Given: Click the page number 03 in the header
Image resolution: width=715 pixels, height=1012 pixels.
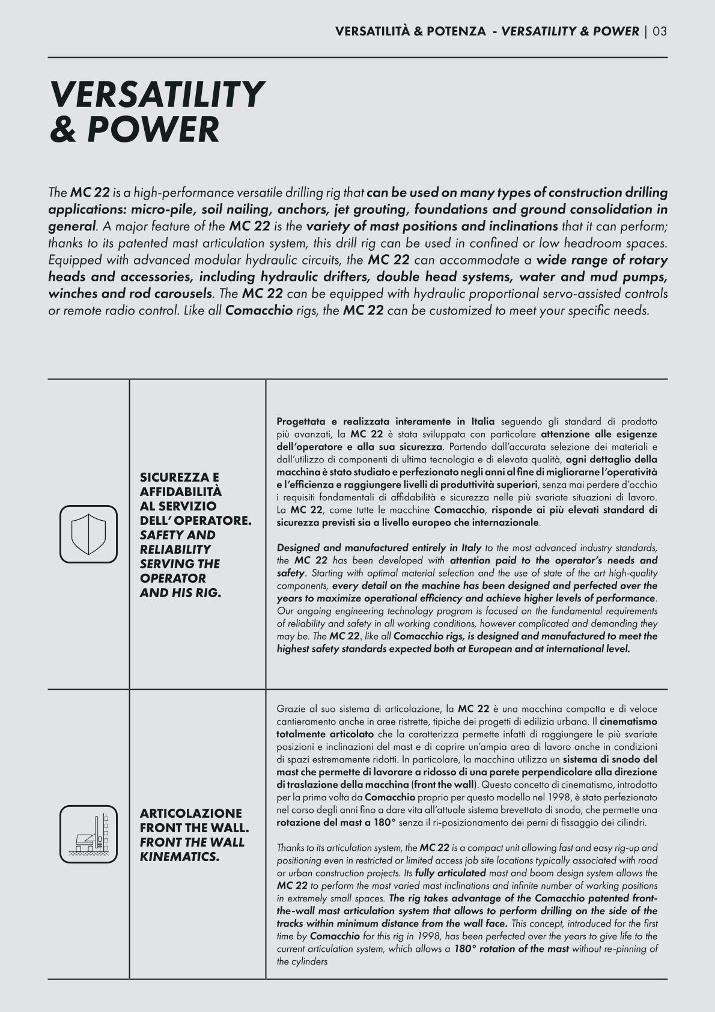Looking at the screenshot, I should pyautogui.click(x=659, y=31).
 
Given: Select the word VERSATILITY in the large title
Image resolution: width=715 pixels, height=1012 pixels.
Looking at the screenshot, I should pyautogui.click(x=157, y=95).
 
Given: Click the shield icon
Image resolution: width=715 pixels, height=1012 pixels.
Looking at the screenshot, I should pyautogui.click(x=88, y=534).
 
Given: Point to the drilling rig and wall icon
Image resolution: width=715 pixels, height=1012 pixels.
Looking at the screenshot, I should pyautogui.click(x=88, y=834).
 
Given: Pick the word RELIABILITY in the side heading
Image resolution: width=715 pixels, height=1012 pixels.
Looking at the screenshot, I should pyautogui.click(x=175, y=550).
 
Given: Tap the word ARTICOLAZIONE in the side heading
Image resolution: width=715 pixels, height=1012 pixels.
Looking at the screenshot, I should pyautogui.click(x=190, y=814).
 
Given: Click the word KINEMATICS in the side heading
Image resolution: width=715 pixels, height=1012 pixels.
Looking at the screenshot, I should pyautogui.click(x=179, y=857).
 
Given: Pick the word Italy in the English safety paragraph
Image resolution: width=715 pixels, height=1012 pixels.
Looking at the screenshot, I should pyautogui.click(x=470, y=548).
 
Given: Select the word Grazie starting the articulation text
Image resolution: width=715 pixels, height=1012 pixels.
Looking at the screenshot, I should pyautogui.click(x=290, y=709).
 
